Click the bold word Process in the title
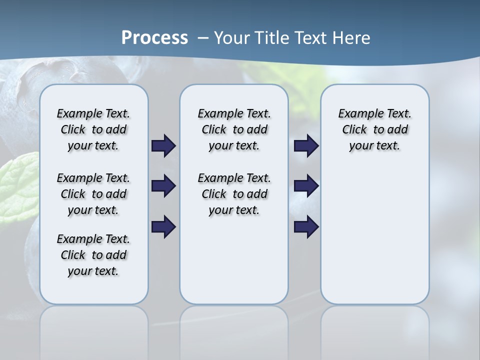[x=154, y=38]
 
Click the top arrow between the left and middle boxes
[x=163, y=146]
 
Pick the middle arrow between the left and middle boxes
[x=163, y=186]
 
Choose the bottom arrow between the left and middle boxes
[x=163, y=227]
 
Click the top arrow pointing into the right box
[x=306, y=146]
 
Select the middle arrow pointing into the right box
[x=306, y=186]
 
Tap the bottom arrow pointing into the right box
[x=306, y=227]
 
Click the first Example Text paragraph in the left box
[x=93, y=129]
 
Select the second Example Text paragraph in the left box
[x=93, y=194]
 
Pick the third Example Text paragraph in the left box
[x=93, y=255]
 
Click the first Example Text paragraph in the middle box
[x=234, y=129]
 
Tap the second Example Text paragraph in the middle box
[x=234, y=194]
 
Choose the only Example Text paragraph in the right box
[x=375, y=129]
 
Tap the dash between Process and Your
[x=203, y=38]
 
